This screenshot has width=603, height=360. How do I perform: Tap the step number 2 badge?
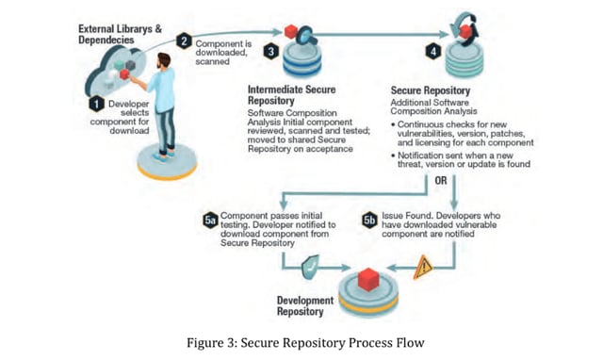click(185, 41)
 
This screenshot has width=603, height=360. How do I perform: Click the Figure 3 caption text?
click(300, 342)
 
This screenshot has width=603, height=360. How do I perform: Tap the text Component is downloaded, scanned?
click(221, 49)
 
